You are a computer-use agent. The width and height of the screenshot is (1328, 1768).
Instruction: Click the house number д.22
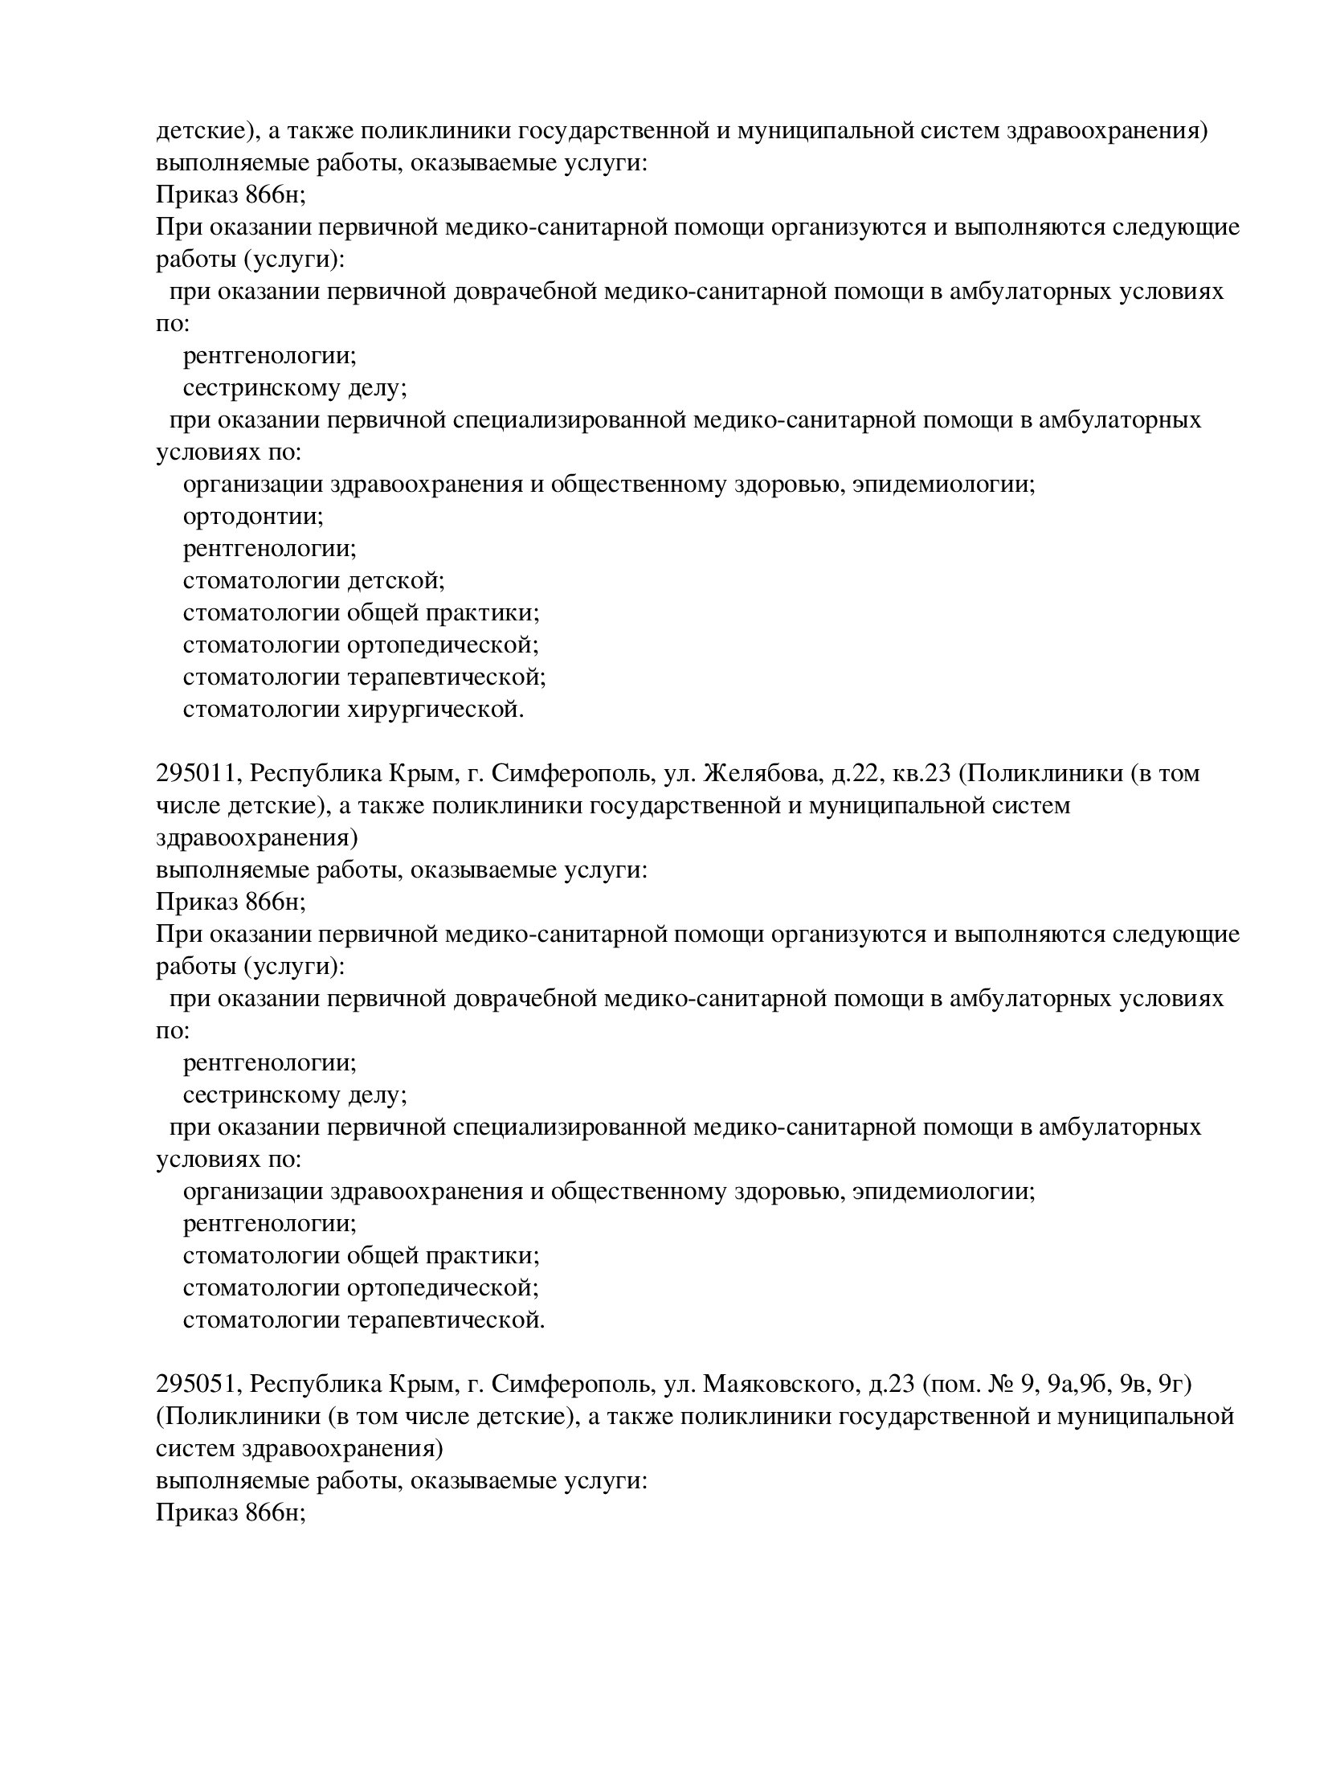[x=854, y=774]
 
